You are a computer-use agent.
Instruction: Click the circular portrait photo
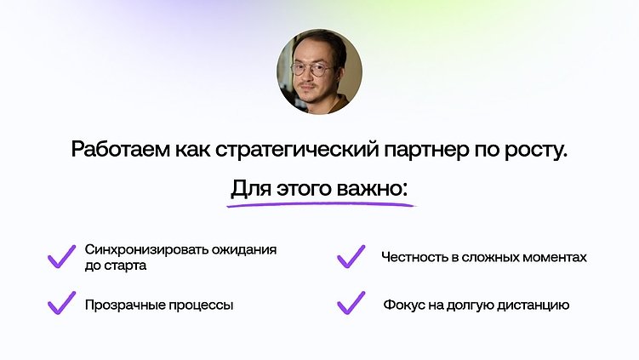click(319, 72)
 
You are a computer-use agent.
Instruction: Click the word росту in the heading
click(535, 151)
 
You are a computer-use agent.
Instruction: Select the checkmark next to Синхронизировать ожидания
click(61, 256)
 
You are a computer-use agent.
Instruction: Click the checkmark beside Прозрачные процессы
click(61, 302)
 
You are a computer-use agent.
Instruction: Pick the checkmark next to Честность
click(351, 256)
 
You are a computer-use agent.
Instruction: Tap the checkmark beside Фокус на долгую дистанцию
click(351, 302)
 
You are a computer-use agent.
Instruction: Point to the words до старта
click(116, 266)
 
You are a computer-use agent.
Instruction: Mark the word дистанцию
click(537, 305)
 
